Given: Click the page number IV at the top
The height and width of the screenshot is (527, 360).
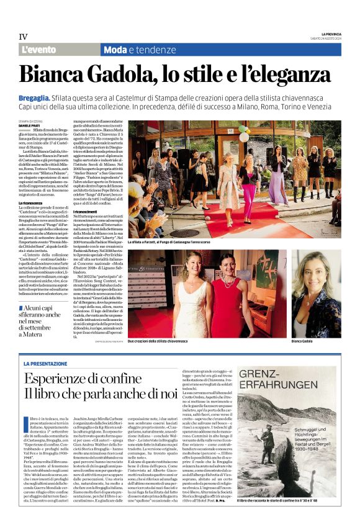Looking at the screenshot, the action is pyautogui.click(x=23, y=37).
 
